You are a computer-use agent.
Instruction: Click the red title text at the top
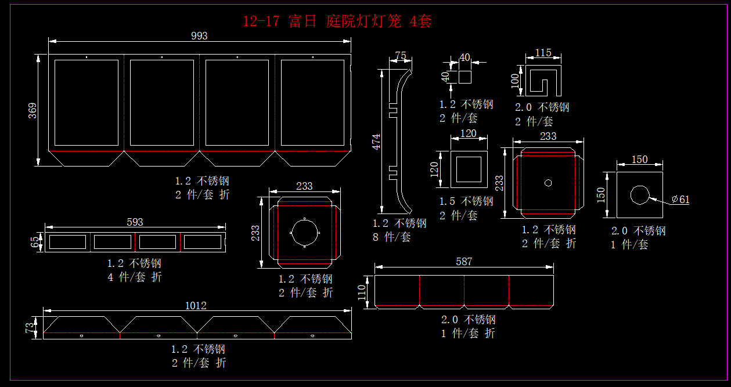coord(337,21)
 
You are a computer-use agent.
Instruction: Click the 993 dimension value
coord(199,36)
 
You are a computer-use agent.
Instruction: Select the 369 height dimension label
coord(33,110)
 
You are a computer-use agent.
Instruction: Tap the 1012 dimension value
coord(196,306)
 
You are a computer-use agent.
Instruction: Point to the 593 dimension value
coord(135,222)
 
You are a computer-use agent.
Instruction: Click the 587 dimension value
coord(464,262)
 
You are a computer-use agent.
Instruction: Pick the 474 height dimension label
coord(376,143)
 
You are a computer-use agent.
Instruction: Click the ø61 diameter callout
coord(680,200)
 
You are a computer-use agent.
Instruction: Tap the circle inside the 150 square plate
coord(640,195)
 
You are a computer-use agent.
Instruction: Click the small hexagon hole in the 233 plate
coord(548,183)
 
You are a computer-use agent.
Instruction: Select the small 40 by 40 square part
coord(464,77)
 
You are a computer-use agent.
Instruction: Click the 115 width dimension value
coord(543,53)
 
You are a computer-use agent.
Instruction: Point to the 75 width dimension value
coord(401,56)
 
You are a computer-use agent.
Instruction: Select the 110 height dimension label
coord(363,292)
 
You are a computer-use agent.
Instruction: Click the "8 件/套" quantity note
coord(392,237)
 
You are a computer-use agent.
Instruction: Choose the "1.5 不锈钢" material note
coord(466,201)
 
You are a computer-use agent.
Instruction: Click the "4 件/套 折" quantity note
coord(135,277)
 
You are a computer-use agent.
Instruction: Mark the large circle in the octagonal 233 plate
coord(304,232)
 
